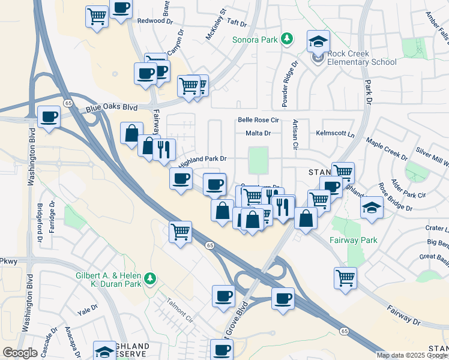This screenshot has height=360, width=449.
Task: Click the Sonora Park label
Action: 256,40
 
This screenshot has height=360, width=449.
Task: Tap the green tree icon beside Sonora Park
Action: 288,39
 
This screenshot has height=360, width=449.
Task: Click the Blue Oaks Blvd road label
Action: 112,108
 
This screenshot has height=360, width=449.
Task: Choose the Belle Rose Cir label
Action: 259,120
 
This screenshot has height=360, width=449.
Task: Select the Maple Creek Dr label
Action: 387,150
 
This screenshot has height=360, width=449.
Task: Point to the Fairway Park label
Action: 354,240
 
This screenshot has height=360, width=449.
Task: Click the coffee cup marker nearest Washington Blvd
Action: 49,116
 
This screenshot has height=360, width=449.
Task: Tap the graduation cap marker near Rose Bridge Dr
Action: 372,208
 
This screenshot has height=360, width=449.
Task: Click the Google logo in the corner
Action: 20,353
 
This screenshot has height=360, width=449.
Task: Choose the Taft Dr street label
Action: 238,23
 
